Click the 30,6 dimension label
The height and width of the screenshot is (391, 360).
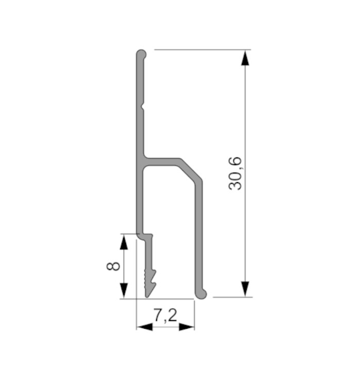tap(235, 173)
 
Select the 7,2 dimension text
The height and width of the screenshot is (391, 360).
tap(165, 315)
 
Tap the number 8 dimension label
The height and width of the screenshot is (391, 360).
tap(113, 266)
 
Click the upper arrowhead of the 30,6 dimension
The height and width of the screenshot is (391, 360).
tap(245, 58)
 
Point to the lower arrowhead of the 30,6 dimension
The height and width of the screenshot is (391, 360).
tap(245, 289)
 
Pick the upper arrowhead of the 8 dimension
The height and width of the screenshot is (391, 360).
tap(124, 242)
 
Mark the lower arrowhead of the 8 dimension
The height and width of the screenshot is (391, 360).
tap(124, 291)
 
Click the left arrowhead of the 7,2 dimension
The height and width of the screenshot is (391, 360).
tap(145, 327)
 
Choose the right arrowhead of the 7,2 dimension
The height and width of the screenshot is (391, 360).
tap(186, 327)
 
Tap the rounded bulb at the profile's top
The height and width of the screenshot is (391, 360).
tap(141, 55)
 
